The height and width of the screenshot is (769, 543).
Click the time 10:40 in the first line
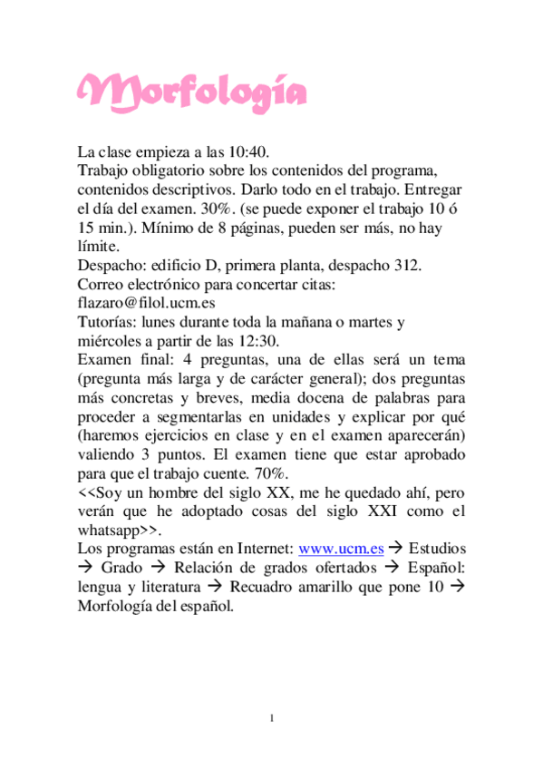(249, 151)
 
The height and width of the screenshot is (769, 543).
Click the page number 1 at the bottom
(271, 718)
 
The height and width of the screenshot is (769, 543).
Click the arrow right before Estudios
(399, 549)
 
